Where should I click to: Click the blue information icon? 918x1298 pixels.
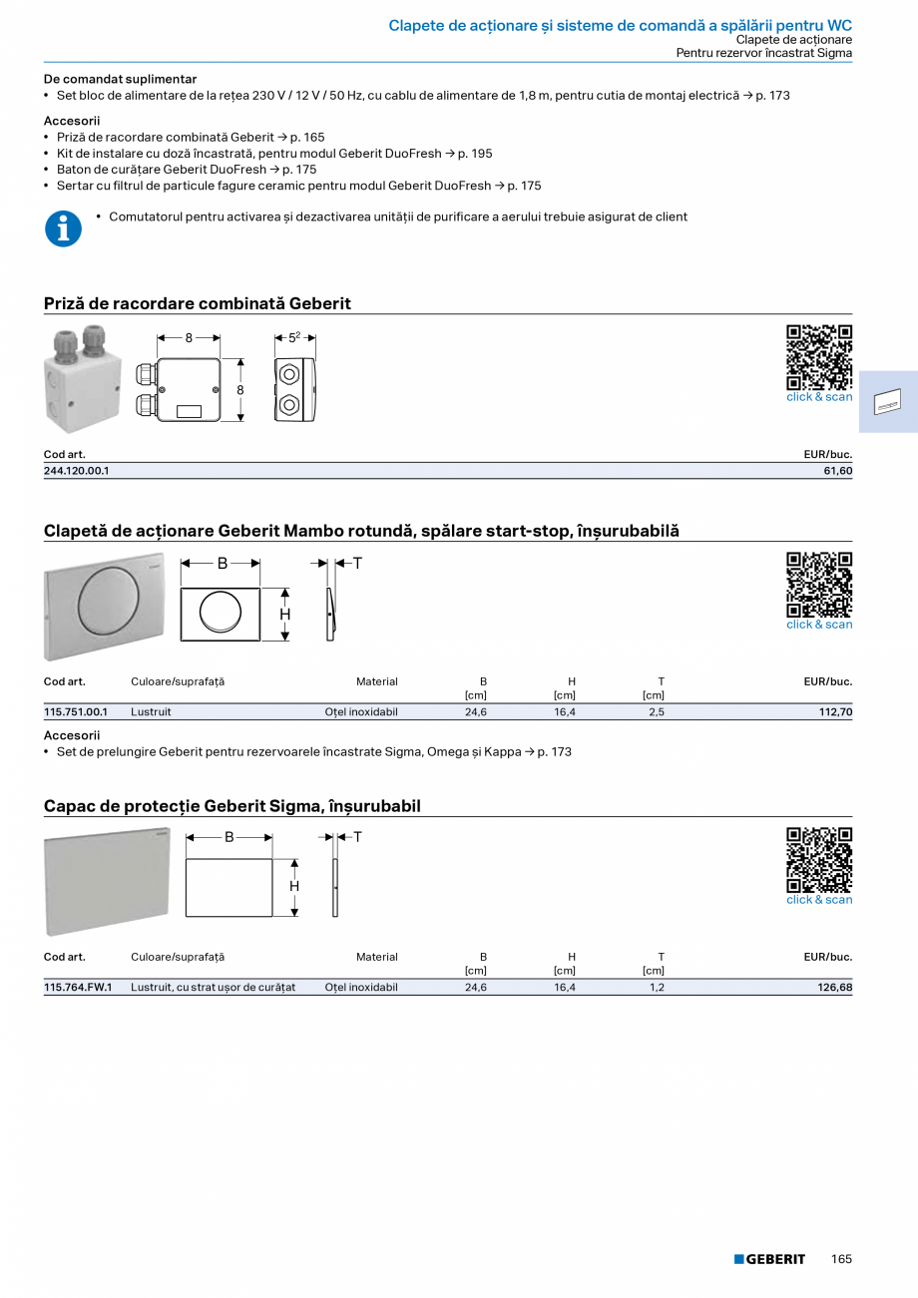coord(63,228)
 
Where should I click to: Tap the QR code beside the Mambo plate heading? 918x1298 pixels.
coord(819,585)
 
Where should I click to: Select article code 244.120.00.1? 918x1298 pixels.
coord(77,471)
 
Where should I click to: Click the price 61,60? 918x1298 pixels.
coord(838,471)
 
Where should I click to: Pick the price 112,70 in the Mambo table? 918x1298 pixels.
coord(834,712)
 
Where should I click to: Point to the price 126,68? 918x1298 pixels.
coord(834,988)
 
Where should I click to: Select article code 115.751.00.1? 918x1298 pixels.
coord(76,712)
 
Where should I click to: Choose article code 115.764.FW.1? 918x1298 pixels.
coord(78,988)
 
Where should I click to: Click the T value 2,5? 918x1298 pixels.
coord(656,712)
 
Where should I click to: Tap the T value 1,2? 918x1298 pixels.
coord(657,988)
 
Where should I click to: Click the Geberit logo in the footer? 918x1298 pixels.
coord(769,1259)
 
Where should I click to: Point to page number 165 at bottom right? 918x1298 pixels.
coord(841,1259)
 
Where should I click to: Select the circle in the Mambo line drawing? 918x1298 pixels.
coord(221,614)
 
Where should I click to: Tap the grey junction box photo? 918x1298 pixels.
coord(81,380)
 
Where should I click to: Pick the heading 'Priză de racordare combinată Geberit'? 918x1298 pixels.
coord(198,303)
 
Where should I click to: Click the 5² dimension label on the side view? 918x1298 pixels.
coord(294,337)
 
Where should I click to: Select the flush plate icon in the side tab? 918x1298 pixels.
coord(888,404)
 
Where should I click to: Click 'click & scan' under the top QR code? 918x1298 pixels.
coord(819,397)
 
